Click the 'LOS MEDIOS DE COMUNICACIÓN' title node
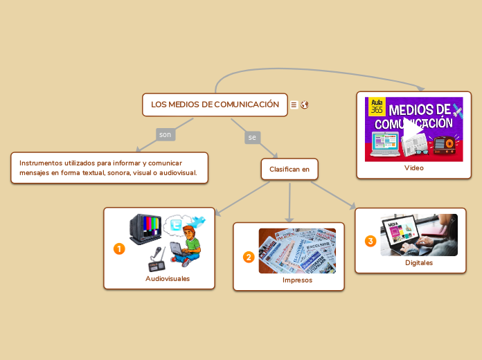coord(215,105)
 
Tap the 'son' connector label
coord(165,134)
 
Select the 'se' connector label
coord(252,138)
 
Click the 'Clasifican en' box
coord(289,169)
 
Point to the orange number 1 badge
coord(119,249)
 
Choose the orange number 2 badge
coord(249,257)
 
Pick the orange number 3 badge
coord(371,241)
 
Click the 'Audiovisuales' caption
coord(168,278)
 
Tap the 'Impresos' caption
coord(297,280)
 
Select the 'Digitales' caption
coord(419,263)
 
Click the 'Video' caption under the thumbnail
coord(414,168)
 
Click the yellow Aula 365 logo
coord(377,106)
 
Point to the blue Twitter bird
coord(198,221)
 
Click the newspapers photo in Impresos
coord(297,251)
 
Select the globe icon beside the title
coord(305,105)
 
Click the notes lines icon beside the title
coord(294,105)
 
